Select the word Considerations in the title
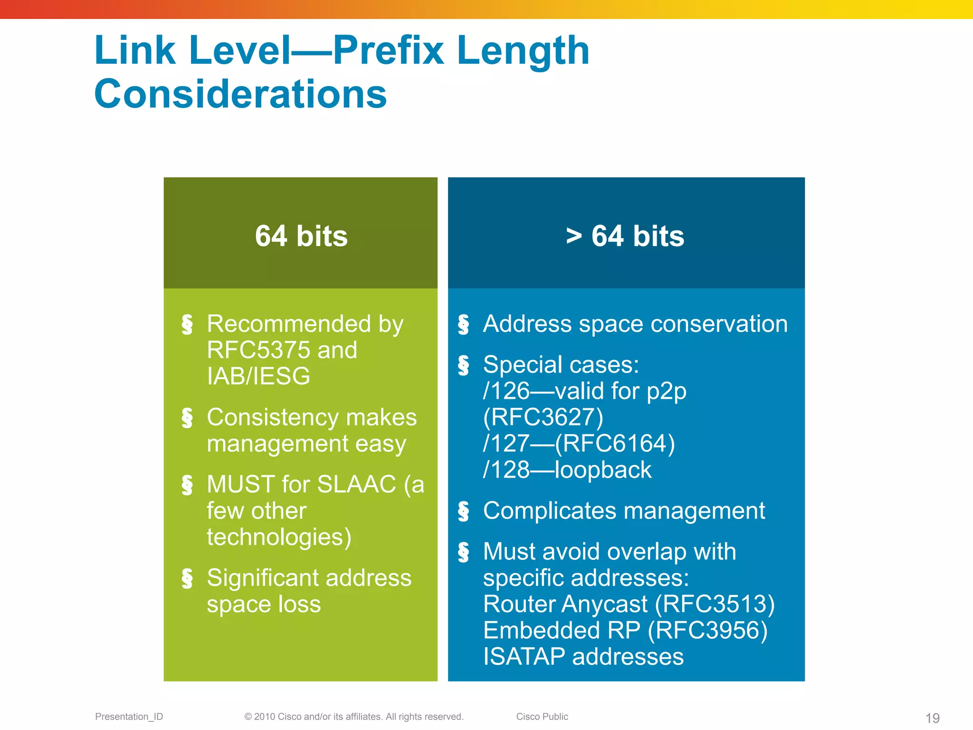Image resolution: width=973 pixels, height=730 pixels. coord(240,94)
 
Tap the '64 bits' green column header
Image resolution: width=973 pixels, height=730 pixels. coord(301,236)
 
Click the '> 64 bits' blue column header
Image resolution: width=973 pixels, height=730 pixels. coord(625,236)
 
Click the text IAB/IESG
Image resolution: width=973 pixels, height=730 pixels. coord(258,376)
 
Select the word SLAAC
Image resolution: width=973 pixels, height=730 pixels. coord(356,485)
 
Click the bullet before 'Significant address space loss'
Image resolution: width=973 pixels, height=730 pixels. coord(187,578)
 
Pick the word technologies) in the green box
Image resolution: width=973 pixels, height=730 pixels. coord(279,537)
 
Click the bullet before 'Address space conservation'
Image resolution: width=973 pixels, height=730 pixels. coord(463,324)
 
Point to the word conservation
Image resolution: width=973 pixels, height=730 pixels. coord(719,324)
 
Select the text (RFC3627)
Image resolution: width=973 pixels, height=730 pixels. coord(543,417)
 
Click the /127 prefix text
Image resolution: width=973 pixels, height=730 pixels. coord(506,444)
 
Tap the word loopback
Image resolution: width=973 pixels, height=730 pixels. coord(603,470)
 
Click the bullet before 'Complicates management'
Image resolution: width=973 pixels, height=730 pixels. coord(463,511)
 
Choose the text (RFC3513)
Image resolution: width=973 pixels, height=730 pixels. coord(715,604)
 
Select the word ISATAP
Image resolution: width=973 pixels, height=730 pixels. coord(524,657)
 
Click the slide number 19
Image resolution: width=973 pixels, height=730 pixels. coord(933,718)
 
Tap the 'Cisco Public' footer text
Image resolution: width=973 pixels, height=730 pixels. coord(542,717)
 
